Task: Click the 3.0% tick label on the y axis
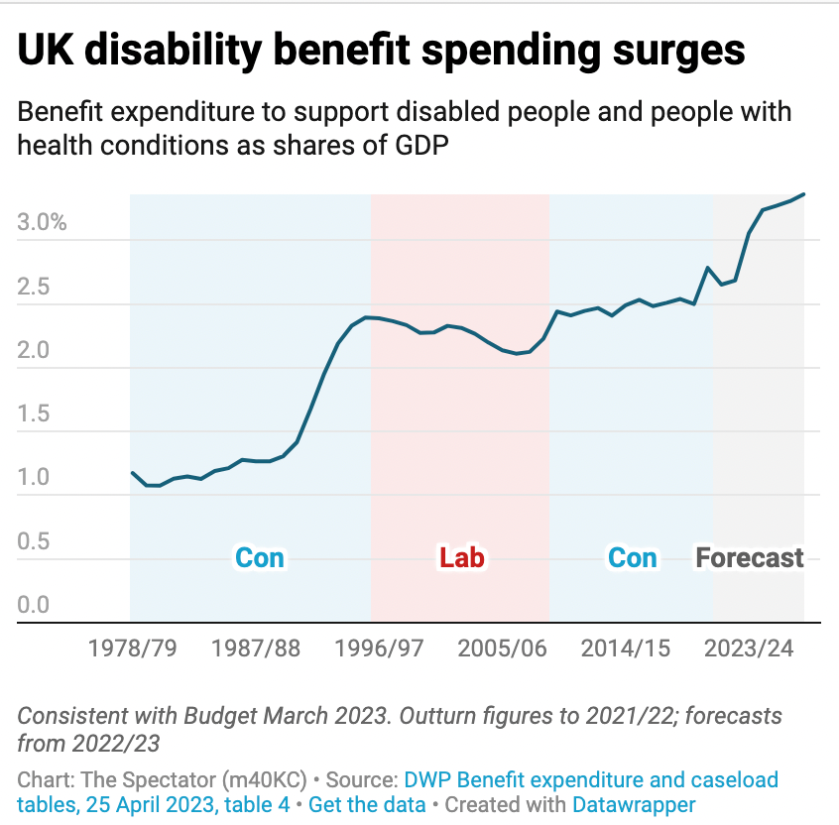coord(43,222)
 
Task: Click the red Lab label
coord(462,557)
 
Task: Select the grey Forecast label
coord(750,557)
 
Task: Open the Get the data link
coord(367,805)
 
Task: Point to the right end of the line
coord(803,194)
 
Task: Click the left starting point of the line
coord(132,473)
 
